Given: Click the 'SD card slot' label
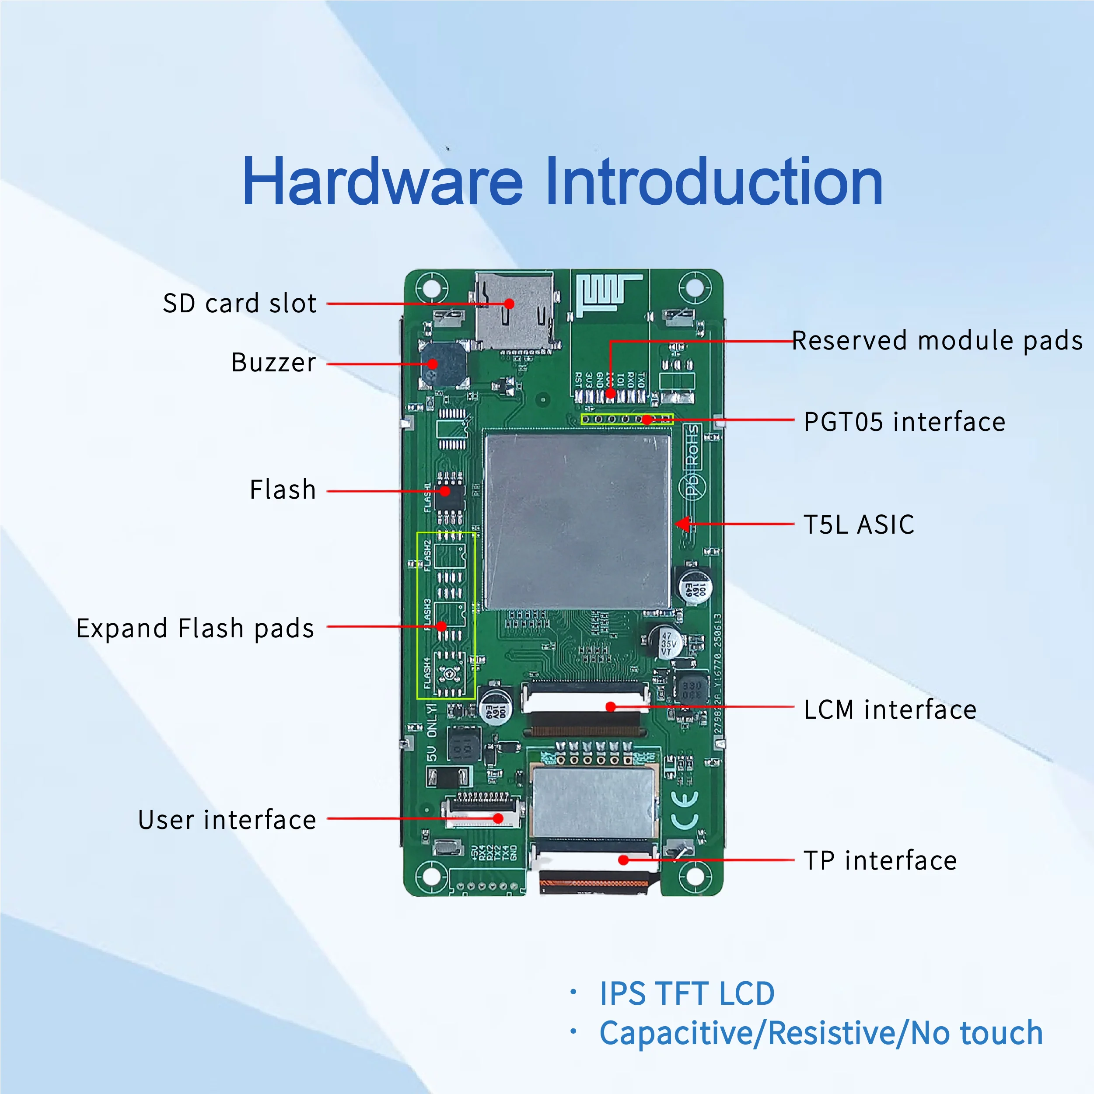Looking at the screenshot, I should (x=240, y=304).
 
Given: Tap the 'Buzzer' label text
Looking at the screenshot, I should (x=273, y=363).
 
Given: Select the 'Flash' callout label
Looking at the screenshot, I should (x=283, y=490).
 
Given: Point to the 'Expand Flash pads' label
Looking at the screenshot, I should (x=196, y=629).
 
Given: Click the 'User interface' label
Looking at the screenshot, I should (x=227, y=820).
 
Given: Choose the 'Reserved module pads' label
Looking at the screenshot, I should (x=937, y=341).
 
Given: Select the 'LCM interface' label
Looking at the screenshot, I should (x=890, y=710).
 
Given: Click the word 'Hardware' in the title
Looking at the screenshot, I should (x=382, y=182).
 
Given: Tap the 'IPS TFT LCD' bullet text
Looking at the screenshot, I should (x=687, y=994).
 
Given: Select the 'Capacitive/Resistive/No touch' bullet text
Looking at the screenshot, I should (x=821, y=1033).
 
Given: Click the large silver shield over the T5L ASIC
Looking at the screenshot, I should (x=577, y=521).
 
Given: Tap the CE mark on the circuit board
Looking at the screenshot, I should (x=685, y=810).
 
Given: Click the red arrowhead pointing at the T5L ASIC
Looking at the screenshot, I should (x=683, y=524).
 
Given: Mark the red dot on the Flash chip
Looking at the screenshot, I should (x=445, y=491).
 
